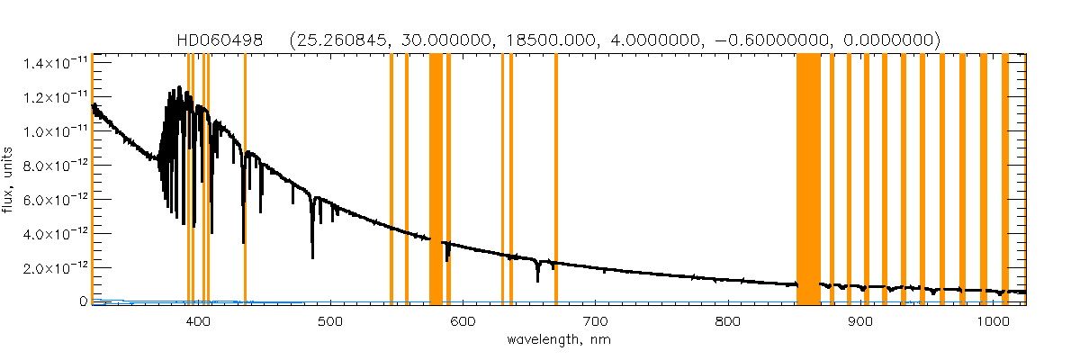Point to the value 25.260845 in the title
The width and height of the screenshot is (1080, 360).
(345, 40)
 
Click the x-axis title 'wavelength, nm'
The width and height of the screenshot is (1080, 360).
(558, 341)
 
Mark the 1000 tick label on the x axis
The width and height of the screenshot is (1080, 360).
(992, 322)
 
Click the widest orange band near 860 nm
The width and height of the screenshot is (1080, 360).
(808, 171)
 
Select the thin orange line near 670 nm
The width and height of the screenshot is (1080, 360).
(556, 171)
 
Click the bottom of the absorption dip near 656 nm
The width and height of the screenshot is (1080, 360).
(538, 281)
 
